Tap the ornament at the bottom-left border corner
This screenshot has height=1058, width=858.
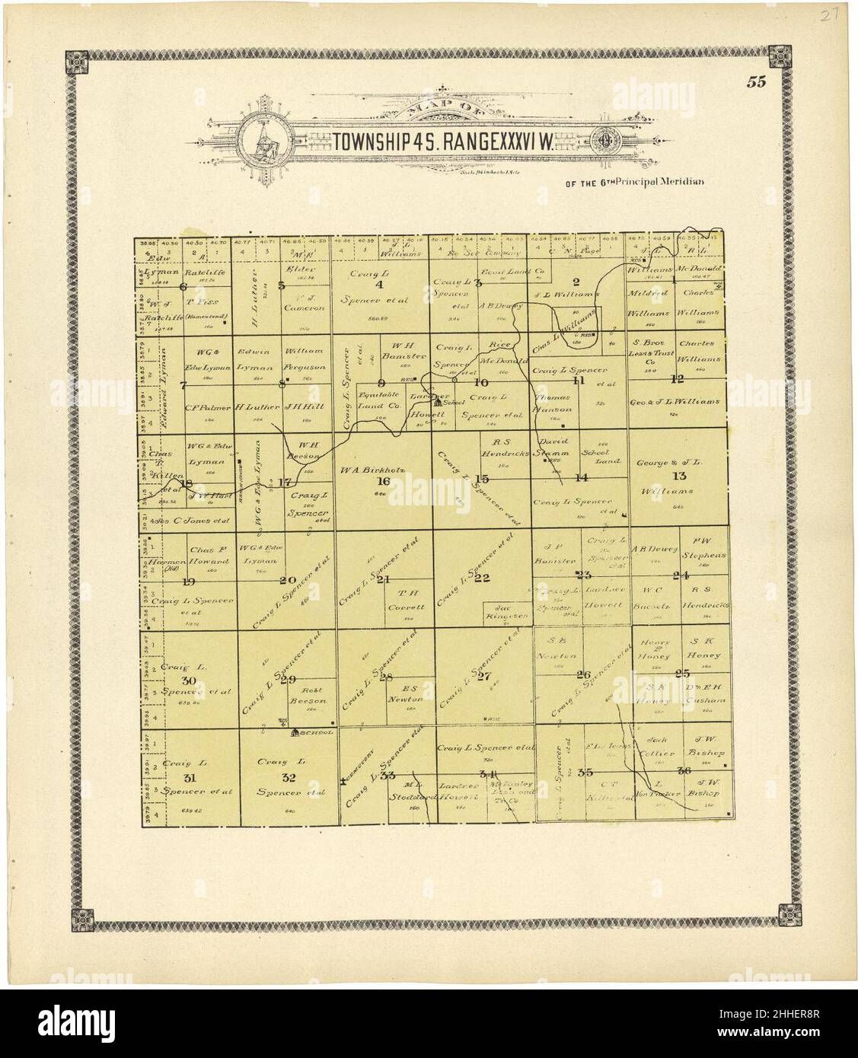click(78, 919)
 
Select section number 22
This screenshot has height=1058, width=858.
click(482, 578)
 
